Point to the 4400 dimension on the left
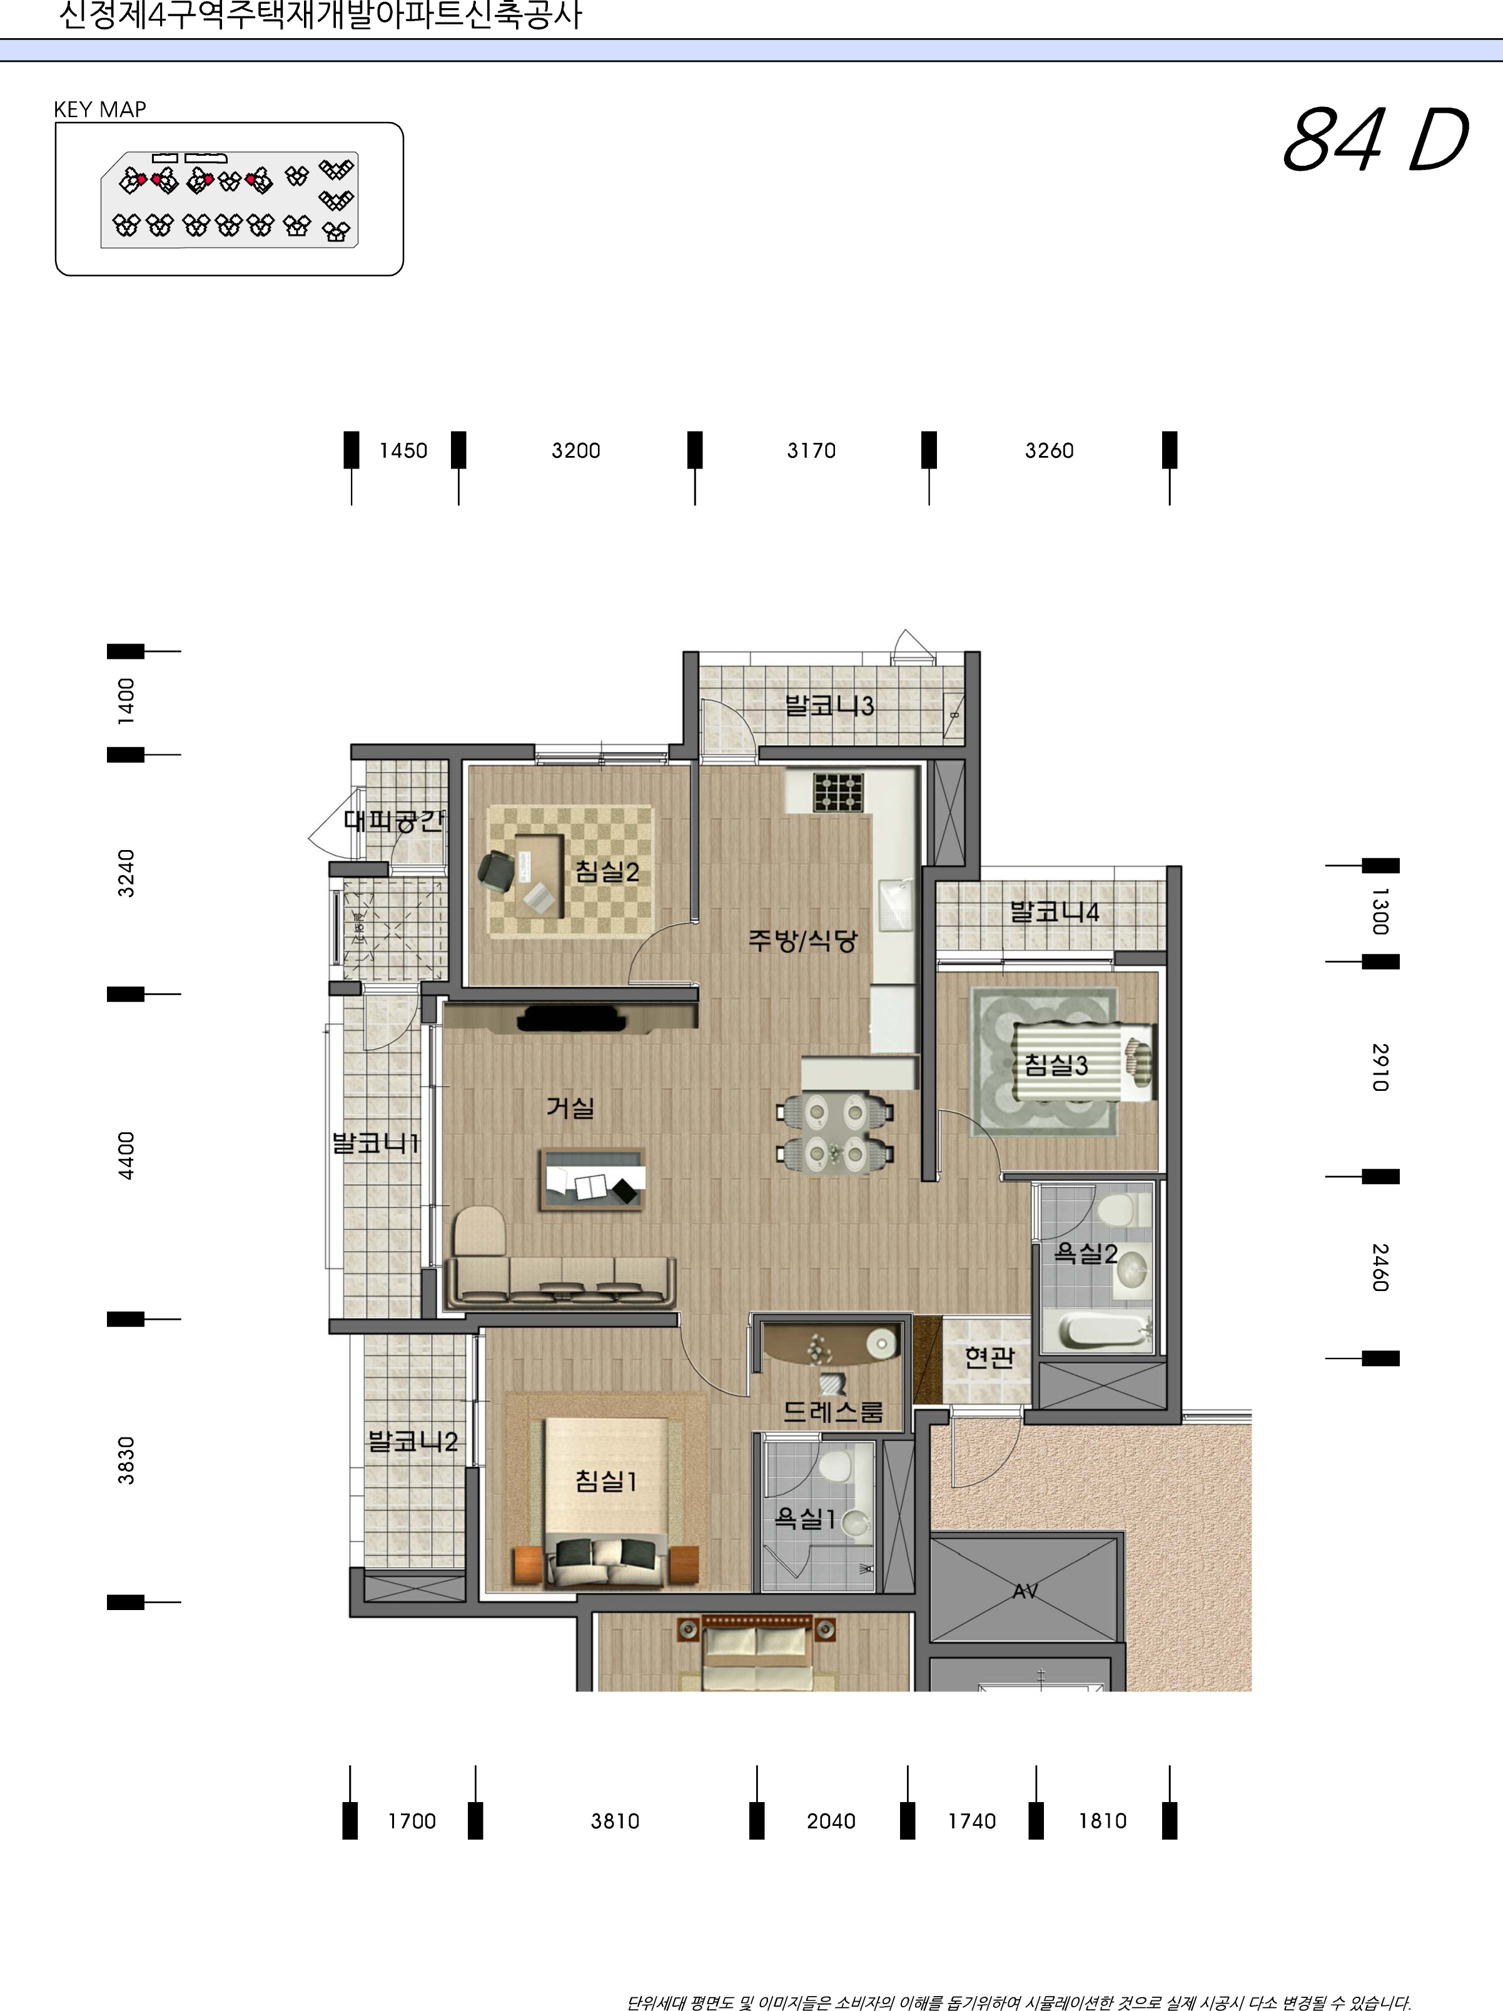pos(126,1155)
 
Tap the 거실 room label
pos(570,1107)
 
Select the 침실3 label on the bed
pos(1056,1065)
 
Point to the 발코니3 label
pos(829,706)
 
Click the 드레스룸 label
pos(833,1411)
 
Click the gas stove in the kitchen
pos(838,792)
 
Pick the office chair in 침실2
pos(497,871)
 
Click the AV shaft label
pos(1025,1591)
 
